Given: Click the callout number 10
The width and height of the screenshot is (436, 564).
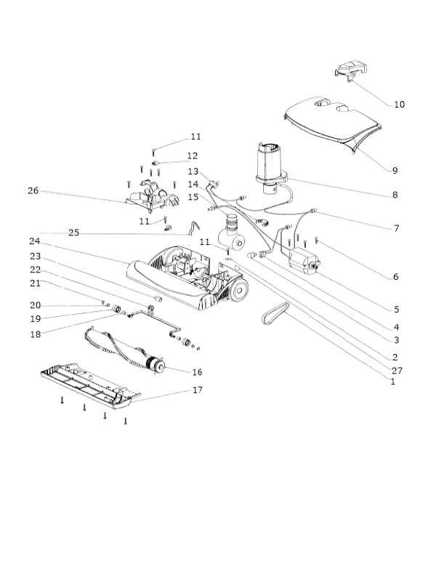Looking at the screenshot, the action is [x=400, y=105].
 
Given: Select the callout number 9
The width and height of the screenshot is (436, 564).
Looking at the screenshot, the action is [x=395, y=171].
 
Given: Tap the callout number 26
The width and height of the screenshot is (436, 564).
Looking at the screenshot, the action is [x=33, y=190].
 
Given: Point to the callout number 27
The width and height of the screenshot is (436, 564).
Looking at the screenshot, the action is [x=397, y=370].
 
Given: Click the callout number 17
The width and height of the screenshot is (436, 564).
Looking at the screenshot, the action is [x=198, y=390].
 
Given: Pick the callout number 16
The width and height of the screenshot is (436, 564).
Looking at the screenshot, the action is [x=197, y=372].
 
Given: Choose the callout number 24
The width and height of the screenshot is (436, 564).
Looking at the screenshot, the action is [x=35, y=241].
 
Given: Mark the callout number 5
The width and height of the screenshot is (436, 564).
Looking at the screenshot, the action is [x=397, y=310].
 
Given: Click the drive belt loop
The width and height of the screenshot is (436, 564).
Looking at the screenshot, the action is [x=275, y=314].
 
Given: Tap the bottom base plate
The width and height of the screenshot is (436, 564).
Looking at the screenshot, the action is [x=91, y=387].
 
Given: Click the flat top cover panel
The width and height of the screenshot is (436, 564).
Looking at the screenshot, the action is [x=333, y=124].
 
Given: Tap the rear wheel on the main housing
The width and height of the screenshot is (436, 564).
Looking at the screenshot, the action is [x=240, y=289].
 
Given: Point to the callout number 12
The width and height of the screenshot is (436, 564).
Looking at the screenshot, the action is [x=193, y=156].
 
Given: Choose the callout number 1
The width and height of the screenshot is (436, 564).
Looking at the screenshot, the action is [x=393, y=382].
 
